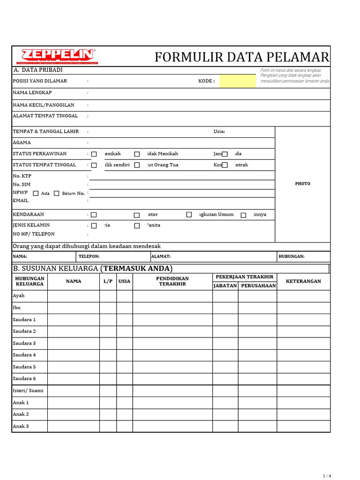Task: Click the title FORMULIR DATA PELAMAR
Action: tap(242, 57)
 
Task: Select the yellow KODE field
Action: tap(238, 81)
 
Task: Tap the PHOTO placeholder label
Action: tap(302, 184)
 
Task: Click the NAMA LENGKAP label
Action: tap(32, 93)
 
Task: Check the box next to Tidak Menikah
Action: tap(137, 154)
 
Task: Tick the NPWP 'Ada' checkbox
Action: tap(36, 193)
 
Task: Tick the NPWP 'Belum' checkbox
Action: tap(57, 193)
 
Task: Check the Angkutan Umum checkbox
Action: tap(189, 215)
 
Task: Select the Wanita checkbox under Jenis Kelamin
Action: tap(137, 225)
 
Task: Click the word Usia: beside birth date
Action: tap(219, 131)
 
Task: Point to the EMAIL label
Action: tap(21, 201)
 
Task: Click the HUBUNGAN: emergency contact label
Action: tap(292, 256)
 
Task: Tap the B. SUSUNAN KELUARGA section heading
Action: tap(92, 269)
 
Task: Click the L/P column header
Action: tap(108, 281)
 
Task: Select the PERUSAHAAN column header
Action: tap(258, 285)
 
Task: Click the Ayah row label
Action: tap(19, 296)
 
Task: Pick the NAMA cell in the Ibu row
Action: tap(73, 308)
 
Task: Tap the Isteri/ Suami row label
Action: tap(28, 390)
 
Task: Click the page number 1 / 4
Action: tap(327, 476)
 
